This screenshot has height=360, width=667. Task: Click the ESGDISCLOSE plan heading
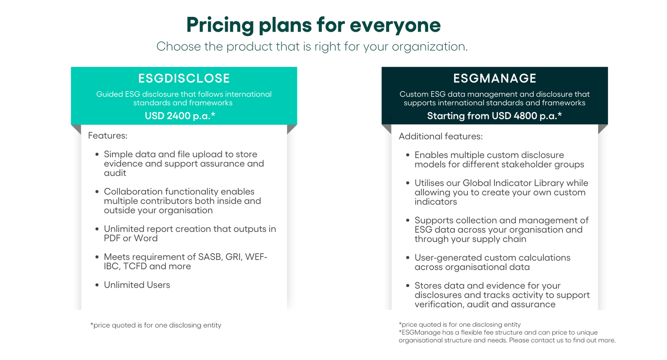pos(184,79)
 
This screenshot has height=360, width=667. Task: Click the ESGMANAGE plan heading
pos(494,79)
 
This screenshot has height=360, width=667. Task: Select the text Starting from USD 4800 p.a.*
pos(494,116)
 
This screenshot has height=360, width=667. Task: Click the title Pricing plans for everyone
pos(313,25)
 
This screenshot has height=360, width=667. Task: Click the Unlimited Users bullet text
pos(137,285)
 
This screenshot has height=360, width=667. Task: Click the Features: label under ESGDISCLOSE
pos(108,136)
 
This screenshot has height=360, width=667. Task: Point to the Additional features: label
pos(440,136)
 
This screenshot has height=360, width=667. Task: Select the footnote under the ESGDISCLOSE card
pos(156,325)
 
